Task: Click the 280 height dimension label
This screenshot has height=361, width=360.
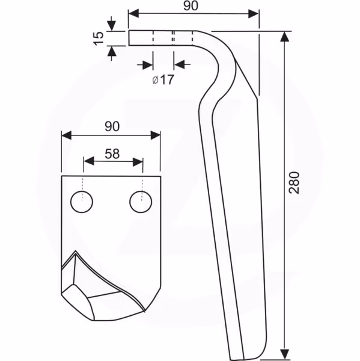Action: pyautogui.click(x=294, y=182)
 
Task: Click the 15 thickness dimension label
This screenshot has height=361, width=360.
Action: pyautogui.click(x=99, y=39)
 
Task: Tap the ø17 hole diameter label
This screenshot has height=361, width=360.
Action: pyautogui.click(x=163, y=80)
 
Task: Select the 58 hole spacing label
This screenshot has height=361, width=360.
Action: pyautogui.click(x=112, y=154)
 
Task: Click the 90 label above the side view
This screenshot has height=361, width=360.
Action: pyautogui.click(x=191, y=6)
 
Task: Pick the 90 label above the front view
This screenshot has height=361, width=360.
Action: pyautogui.click(x=112, y=126)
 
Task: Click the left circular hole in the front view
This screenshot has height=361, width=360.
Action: pyautogui.click(x=82, y=202)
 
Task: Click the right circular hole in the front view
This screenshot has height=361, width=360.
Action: pyautogui.click(x=141, y=202)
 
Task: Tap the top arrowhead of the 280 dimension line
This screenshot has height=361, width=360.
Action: pyautogui.click(x=285, y=37)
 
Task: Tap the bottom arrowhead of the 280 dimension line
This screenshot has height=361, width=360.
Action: pyautogui.click(x=285, y=354)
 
